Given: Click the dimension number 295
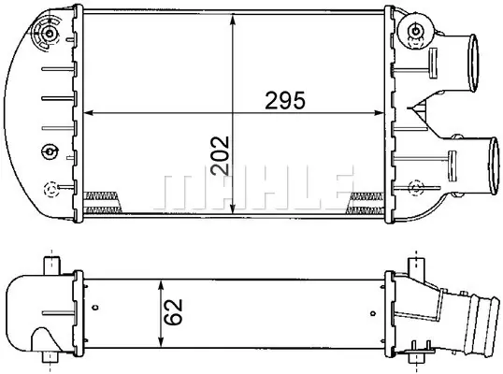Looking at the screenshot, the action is [285, 100].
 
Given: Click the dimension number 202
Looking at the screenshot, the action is [220, 155].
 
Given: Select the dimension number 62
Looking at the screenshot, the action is [174, 312].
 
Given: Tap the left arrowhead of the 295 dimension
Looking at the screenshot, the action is [88, 113].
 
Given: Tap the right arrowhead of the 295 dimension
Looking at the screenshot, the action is [380, 113].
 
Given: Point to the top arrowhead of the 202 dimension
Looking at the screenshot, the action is [233, 19].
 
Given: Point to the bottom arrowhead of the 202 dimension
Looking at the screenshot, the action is [233, 209].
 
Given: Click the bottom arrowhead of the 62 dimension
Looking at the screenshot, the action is [161, 342].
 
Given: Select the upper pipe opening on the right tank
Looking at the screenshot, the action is [473, 64].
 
